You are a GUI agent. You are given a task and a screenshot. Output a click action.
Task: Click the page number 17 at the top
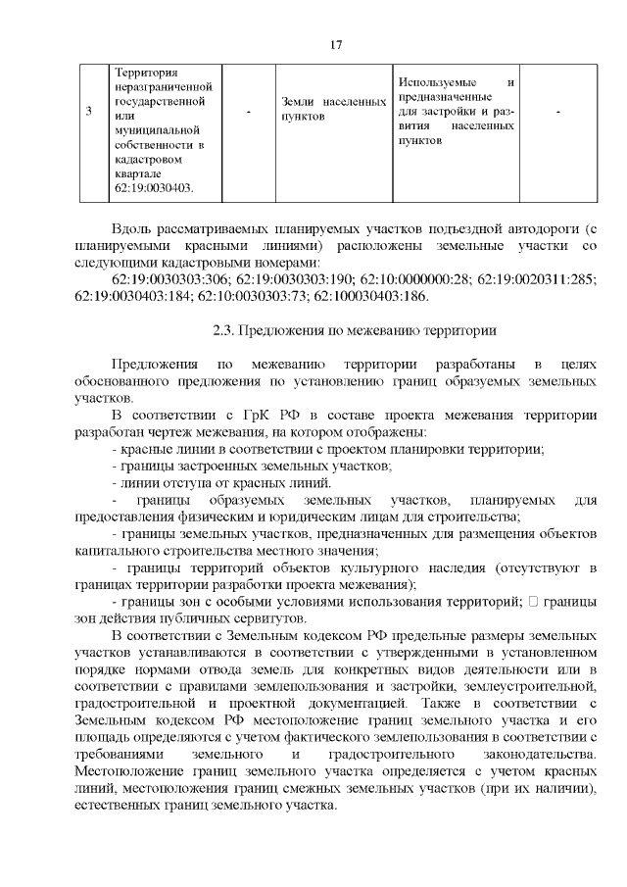point(335,45)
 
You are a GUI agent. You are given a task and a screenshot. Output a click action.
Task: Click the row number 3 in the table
point(88,112)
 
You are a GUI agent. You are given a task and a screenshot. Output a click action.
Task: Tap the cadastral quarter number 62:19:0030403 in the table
point(153,187)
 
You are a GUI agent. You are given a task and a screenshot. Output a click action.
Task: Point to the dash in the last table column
point(556,112)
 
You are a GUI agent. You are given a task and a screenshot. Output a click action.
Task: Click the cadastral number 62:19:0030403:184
point(132,296)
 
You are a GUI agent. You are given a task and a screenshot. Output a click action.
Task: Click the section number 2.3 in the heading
point(225,330)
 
